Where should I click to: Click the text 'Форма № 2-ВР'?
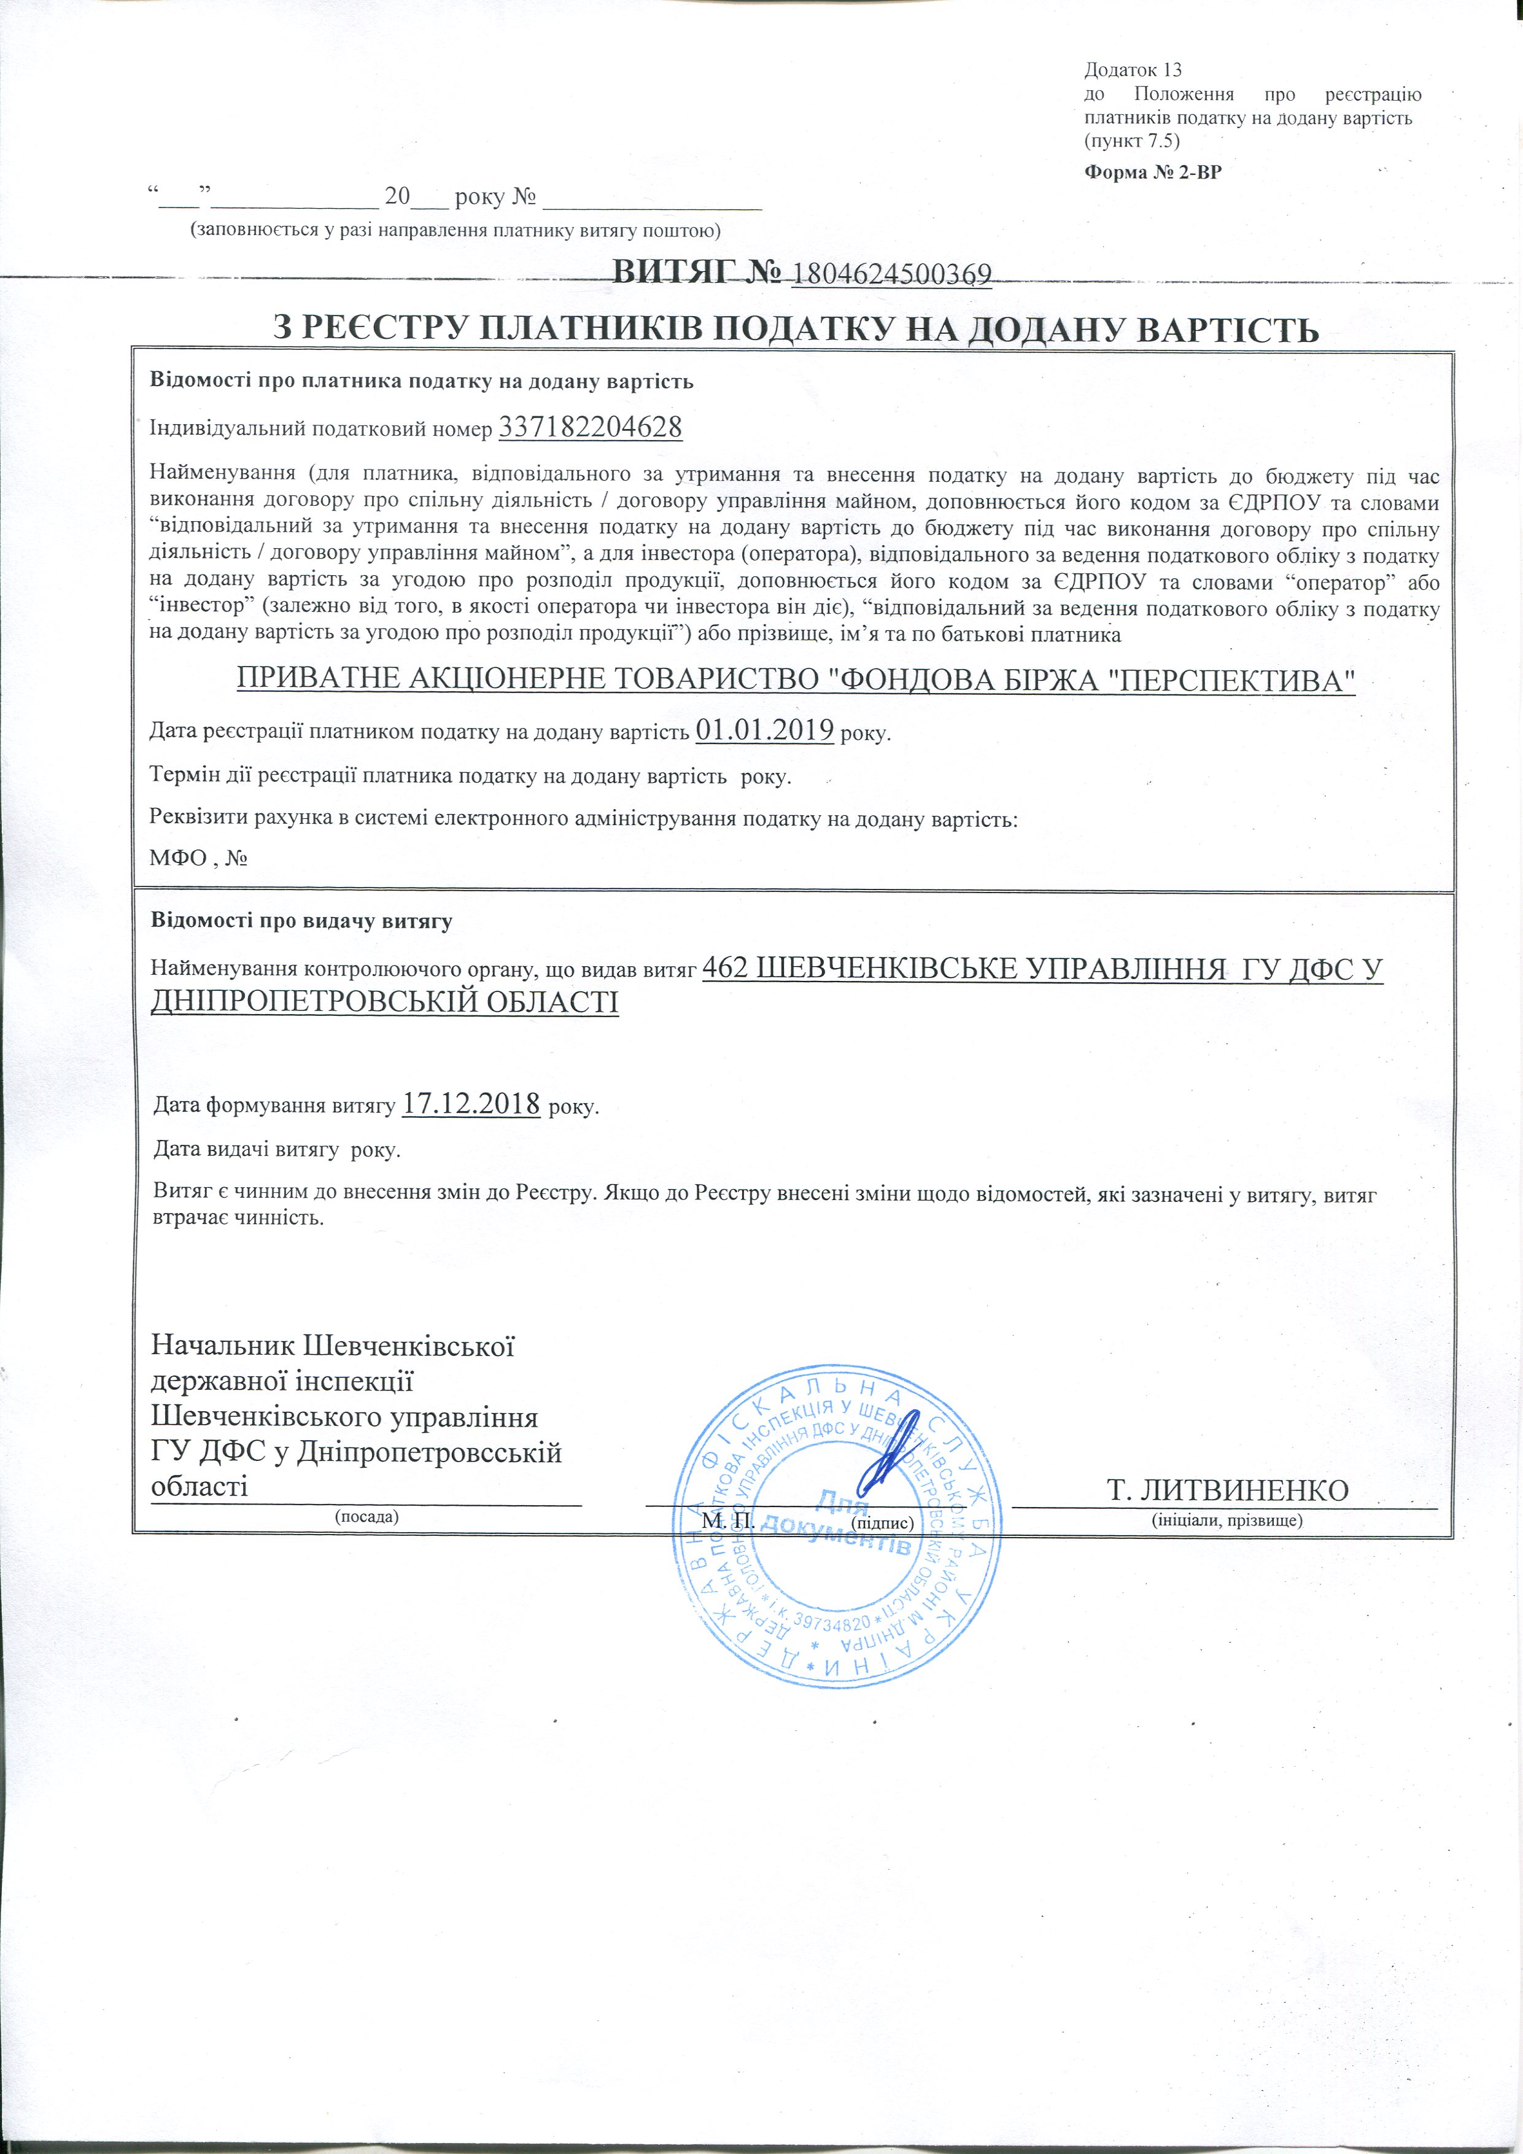point(1153,172)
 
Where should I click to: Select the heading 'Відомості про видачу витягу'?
point(301,920)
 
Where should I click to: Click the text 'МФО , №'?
point(198,858)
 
